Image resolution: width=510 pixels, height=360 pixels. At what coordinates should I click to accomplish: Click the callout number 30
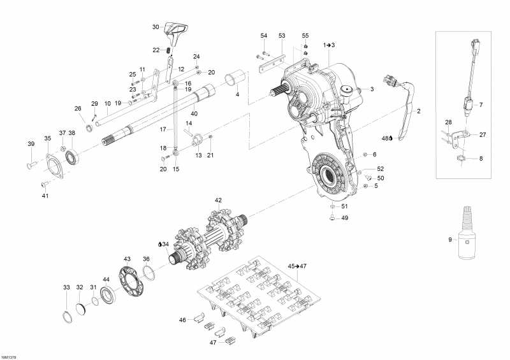(x=156, y=27)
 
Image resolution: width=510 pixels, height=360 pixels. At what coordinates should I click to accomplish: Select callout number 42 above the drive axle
(x=218, y=200)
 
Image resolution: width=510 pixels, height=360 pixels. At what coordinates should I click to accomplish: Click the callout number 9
(x=449, y=240)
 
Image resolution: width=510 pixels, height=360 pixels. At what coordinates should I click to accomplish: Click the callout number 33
(x=66, y=288)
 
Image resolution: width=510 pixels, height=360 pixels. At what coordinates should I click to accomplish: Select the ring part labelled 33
(x=68, y=316)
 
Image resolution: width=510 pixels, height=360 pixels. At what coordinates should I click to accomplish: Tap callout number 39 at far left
(x=30, y=144)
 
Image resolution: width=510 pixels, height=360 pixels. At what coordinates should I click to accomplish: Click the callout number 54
(x=264, y=35)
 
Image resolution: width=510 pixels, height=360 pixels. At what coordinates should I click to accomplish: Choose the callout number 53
(x=282, y=35)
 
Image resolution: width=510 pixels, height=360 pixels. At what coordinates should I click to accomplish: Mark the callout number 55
(x=305, y=35)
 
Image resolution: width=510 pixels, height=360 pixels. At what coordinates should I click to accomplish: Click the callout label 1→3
(x=328, y=45)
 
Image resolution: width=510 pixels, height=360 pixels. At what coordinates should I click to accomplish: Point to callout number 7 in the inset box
(x=481, y=104)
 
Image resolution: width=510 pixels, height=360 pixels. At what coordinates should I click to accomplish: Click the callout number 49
(x=345, y=218)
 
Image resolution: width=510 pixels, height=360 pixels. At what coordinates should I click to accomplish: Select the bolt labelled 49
(x=333, y=218)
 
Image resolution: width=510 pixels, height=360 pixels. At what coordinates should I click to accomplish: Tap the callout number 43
(x=127, y=259)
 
